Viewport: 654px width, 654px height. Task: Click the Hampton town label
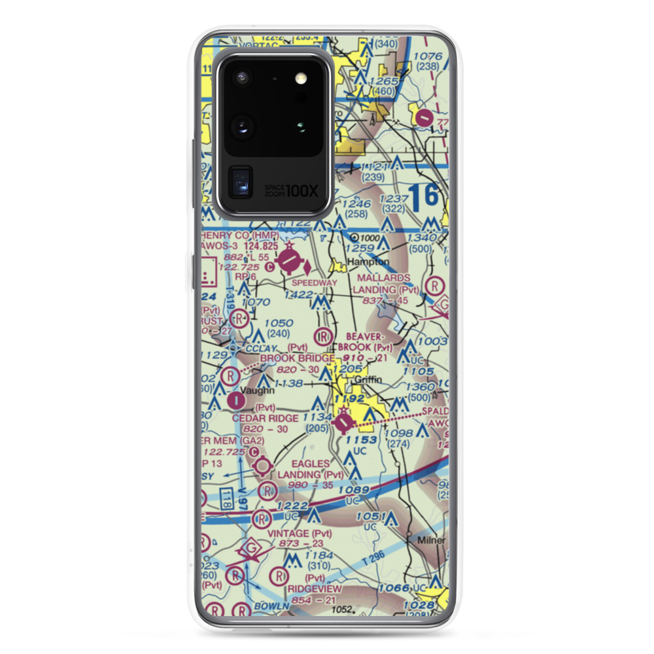pyautogui.click(x=368, y=262)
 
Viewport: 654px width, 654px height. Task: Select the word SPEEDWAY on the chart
pyautogui.click(x=315, y=283)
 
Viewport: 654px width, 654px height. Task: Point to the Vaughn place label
pyautogui.click(x=257, y=390)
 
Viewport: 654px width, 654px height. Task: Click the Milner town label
pyautogui.click(x=432, y=541)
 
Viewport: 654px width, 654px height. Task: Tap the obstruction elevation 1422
pyautogui.click(x=300, y=296)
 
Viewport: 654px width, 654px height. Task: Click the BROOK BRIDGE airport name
pyautogui.click(x=298, y=358)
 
